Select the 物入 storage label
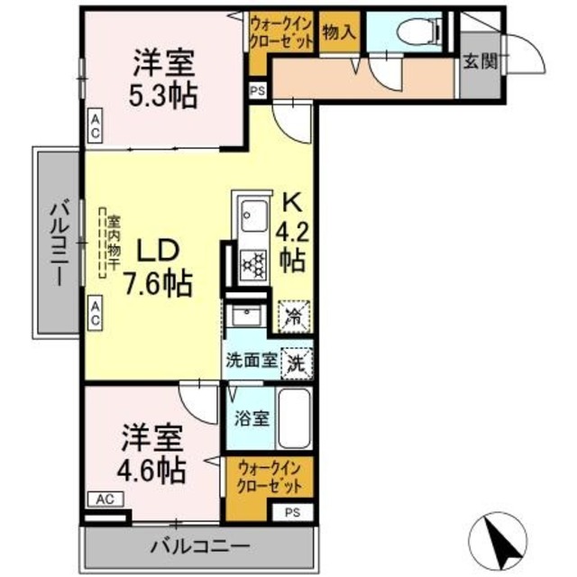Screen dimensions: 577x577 (339, 32)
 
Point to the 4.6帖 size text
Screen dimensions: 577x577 (154, 471)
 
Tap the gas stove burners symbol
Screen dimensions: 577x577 (255, 264)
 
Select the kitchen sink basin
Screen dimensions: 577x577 (252, 215)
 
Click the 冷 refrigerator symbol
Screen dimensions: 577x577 (295, 316)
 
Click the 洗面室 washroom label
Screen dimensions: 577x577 (252, 363)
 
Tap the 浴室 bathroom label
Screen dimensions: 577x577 (252, 417)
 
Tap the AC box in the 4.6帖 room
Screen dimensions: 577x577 (105, 498)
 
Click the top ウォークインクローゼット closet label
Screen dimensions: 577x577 (282, 33)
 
